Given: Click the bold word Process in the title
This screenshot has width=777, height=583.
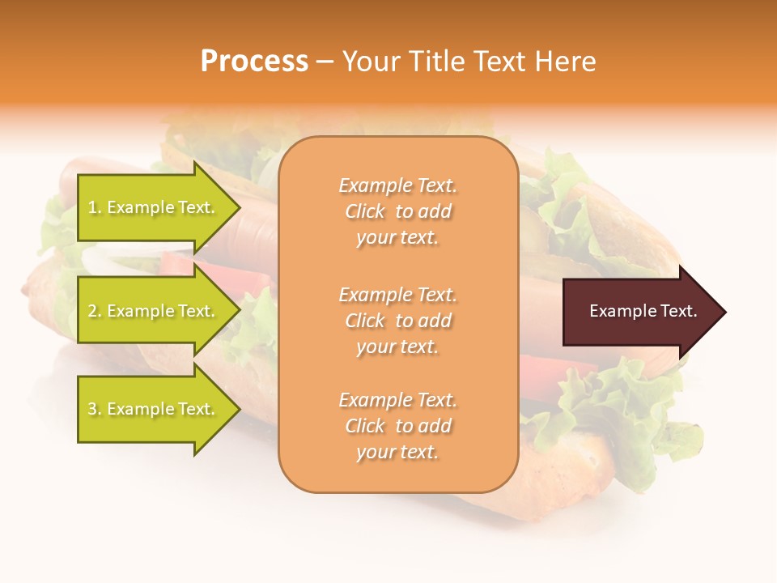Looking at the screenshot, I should (x=254, y=62).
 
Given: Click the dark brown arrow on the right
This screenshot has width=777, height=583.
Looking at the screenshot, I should (x=631, y=311).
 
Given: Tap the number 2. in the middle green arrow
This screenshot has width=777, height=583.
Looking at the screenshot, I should (x=94, y=311).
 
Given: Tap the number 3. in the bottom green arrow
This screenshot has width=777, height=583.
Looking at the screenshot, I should (x=94, y=409).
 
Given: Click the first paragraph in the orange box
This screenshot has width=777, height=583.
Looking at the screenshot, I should (x=397, y=211).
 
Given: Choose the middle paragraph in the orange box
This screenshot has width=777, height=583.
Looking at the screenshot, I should (x=397, y=321).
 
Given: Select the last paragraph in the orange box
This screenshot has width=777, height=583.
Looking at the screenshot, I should (x=397, y=426).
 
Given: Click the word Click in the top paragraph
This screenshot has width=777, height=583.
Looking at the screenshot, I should (x=365, y=211).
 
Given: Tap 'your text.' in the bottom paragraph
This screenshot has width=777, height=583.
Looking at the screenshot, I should (x=397, y=452).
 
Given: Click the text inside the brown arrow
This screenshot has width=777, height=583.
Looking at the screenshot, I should (x=643, y=311).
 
